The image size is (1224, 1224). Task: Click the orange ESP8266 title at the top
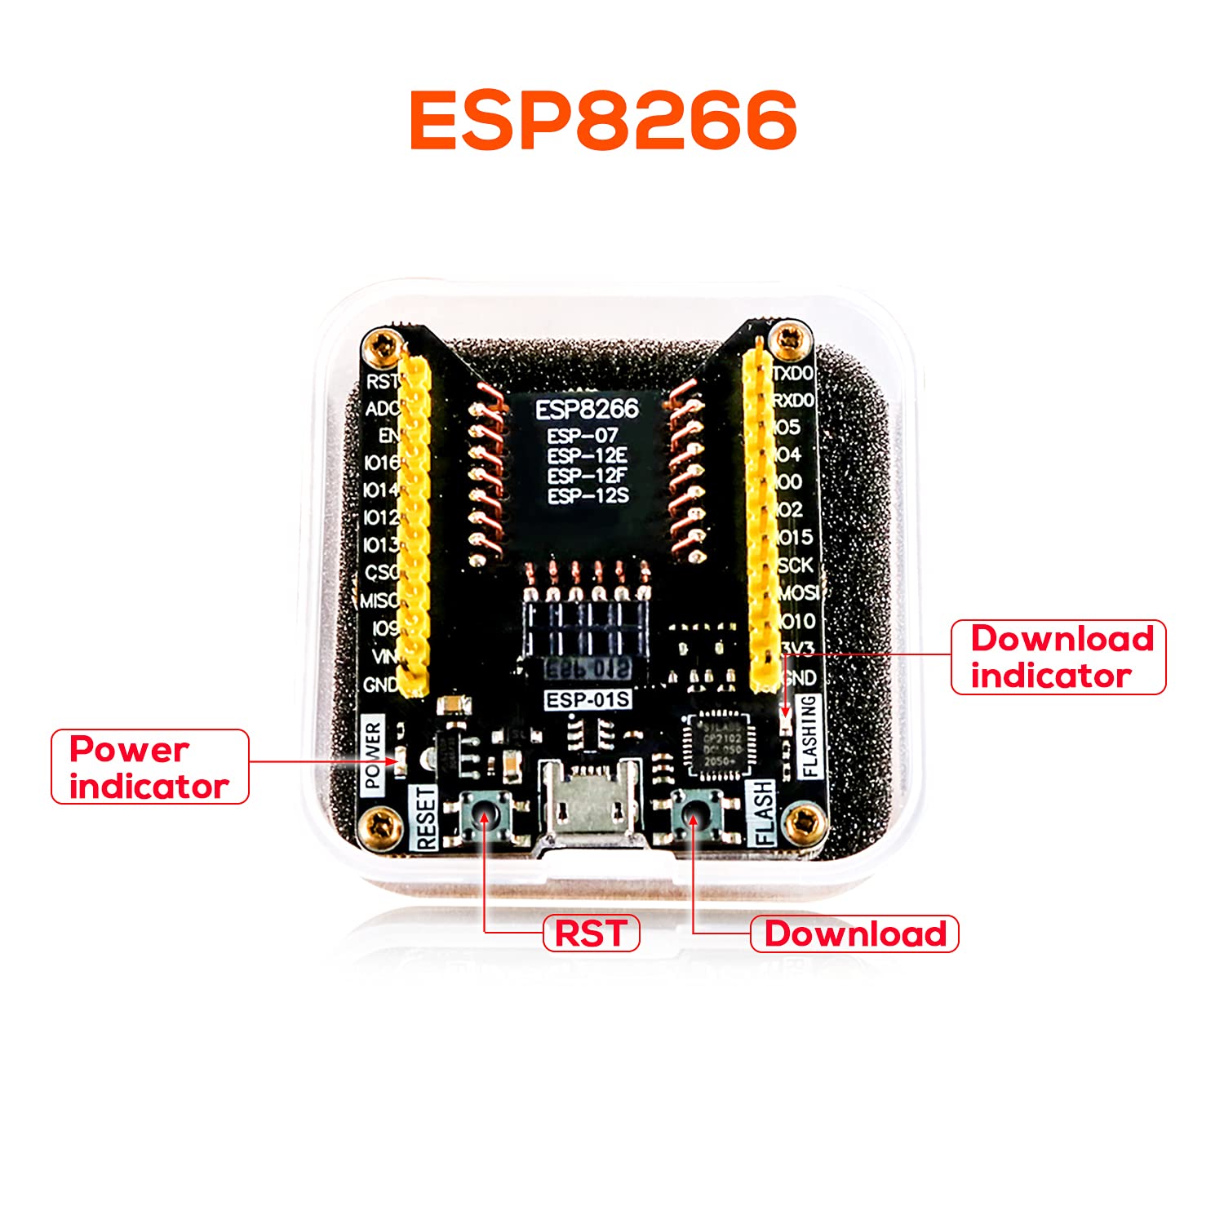[603, 120]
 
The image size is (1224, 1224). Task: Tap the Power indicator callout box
[150, 767]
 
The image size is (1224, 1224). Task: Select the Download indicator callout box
[1058, 657]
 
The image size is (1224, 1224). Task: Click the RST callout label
[592, 934]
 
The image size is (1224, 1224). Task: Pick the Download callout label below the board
[854, 934]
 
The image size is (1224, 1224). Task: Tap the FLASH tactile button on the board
[694, 816]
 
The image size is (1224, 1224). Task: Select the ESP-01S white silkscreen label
[588, 700]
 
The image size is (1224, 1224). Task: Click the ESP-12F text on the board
[588, 475]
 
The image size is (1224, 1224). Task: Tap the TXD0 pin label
[793, 373]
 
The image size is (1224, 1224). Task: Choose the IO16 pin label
[382, 463]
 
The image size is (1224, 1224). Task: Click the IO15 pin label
[795, 537]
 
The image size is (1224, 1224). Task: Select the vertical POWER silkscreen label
[373, 755]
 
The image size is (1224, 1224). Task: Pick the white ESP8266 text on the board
[587, 410]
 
